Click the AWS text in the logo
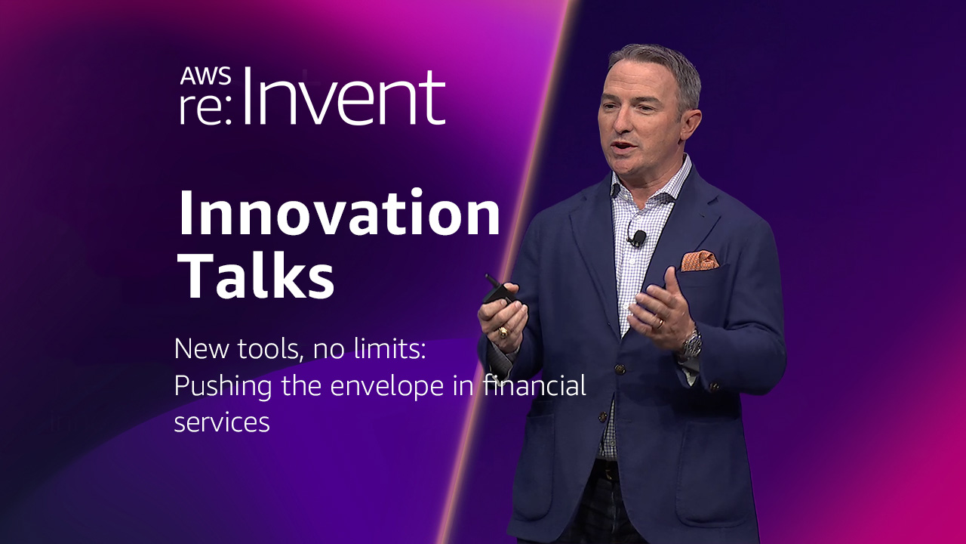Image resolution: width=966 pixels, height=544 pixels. (205, 76)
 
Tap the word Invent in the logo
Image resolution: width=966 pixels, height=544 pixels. (343, 96)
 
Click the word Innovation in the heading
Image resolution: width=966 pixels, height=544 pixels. (339, 213)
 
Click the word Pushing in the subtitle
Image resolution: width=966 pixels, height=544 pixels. (223, 386)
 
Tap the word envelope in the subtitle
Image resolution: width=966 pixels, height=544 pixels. (387, 386)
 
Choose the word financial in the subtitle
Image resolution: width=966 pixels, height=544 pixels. (534, 385)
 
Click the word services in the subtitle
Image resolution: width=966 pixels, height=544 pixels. (222, 422)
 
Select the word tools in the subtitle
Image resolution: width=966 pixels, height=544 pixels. (269, 348)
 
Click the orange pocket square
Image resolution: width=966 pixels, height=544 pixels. (700, 261)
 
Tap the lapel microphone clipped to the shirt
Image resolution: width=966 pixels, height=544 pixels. (638, 237)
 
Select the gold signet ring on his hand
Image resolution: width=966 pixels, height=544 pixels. (503, 332)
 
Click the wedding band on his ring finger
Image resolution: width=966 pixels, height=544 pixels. (660, 324)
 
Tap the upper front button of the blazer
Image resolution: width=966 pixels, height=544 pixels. (620, 369)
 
